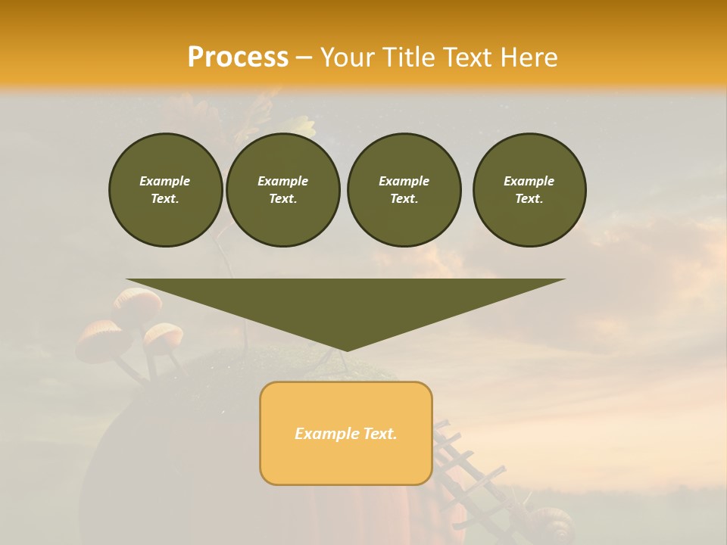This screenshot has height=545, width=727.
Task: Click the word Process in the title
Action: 238,58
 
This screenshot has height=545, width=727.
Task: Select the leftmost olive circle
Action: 166,190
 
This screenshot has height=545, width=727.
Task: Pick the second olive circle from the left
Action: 283,190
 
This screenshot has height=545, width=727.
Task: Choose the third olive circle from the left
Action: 404,190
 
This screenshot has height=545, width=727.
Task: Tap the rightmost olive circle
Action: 529,190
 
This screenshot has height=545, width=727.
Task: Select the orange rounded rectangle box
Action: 346,433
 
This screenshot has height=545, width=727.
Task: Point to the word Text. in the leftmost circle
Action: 165,199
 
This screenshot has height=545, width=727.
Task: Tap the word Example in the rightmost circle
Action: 529,181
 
